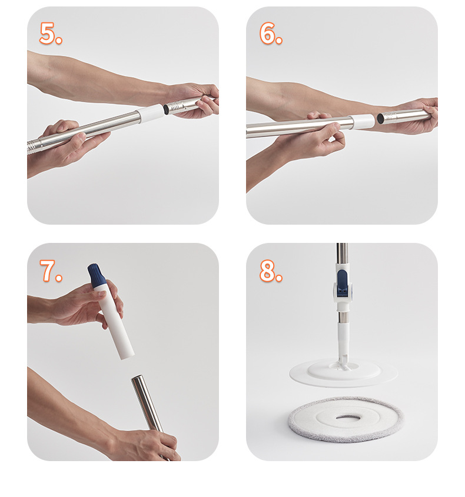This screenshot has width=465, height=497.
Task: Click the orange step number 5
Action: pos(50,33)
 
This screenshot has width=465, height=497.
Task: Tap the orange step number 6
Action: pos(270,33)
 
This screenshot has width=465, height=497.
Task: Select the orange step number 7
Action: pos(50,271)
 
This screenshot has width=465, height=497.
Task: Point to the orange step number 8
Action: pos(271,271)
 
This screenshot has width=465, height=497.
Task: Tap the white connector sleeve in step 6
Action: pos(363,121)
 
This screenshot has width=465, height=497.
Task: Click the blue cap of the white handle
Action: pos(97,274)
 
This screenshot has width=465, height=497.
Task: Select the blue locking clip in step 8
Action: pos(342,283)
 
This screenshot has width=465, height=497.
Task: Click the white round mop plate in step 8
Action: pos(343,373)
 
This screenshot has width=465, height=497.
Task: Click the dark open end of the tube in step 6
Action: pos(380,119)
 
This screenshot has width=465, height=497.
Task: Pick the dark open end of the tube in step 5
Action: pos(166,109)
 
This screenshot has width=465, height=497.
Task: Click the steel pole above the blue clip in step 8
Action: pos(342,253)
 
